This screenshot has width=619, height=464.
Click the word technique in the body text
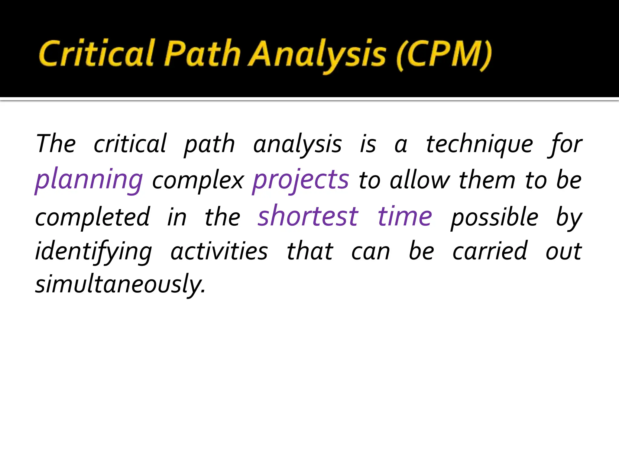point(479,144)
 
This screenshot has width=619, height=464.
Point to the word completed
point(92,217)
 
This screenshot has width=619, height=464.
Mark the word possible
point(494,217)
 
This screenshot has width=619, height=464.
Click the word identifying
point(94,252)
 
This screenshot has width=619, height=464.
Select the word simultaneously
point(120,284)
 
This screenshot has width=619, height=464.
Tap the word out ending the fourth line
point(563,252)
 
